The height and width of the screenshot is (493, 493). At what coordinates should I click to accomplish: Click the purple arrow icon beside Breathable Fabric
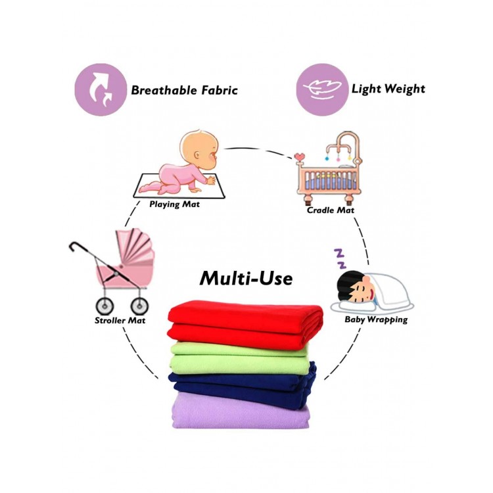pos(101,89)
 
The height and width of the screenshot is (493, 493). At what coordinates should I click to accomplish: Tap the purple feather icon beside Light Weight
pos(322,89)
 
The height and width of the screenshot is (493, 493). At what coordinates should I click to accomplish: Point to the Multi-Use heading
pos(246,278)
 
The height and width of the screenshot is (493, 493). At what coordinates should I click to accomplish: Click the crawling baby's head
pos(199,149)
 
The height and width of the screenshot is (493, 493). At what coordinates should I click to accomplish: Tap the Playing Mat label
pos(174,204)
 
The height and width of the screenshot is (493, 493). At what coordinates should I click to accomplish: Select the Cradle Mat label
pos(330,210)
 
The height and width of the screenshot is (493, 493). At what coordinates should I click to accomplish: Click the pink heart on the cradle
pos(300,156)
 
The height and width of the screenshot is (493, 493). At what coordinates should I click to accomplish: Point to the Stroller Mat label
pos(120,321)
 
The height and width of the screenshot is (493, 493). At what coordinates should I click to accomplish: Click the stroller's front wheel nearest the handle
pos(105,306)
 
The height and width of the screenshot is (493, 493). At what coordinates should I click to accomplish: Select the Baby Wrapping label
pos(376,319)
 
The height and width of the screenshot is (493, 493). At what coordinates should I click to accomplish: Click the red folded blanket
pos(245,324)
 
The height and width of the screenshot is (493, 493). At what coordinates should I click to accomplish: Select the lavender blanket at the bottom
pos(241,412)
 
